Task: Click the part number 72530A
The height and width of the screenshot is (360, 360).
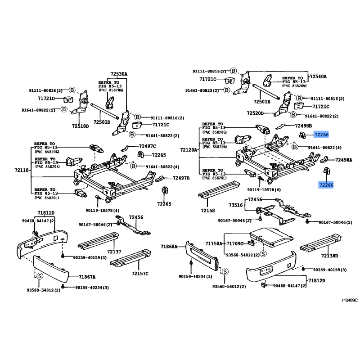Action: coord(119,74)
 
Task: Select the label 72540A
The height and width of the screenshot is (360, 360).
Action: coord(318,76)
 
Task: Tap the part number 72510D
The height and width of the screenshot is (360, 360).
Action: coord(81,126)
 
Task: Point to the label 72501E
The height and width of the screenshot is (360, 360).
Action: coord(261,102)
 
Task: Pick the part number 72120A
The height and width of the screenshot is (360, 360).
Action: coord(189,149)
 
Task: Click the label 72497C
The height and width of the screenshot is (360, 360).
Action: coord(147,146)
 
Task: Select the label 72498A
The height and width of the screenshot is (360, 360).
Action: coord(344,160)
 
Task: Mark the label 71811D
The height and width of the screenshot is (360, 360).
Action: coord(45,212)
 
